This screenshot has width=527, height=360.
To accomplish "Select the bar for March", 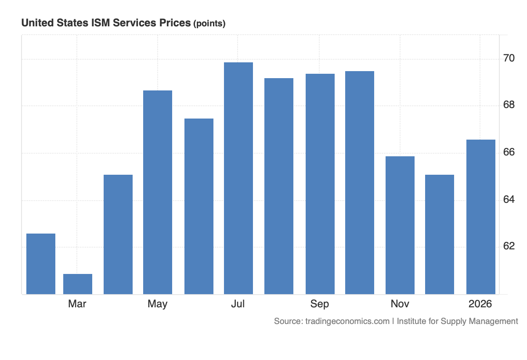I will pos(78,284).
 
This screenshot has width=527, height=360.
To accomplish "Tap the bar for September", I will pos(320,184).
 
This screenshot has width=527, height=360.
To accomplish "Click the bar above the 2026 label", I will pos(481,217).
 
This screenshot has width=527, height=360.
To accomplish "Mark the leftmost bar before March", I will pos(41,264).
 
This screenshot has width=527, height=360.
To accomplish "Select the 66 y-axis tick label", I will pos(509,152).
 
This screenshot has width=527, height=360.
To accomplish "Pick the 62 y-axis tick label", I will pos(509,246).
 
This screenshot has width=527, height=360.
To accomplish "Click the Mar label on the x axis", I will pos(77,304).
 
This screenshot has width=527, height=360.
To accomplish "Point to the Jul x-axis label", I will pos(238,304).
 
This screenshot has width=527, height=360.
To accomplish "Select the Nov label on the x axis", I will pos(400,304).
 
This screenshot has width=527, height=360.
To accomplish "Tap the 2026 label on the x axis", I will pos(480,304).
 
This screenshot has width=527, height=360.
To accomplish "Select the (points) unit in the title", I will pos(209,24).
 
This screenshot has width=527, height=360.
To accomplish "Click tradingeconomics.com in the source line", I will pos(346,321).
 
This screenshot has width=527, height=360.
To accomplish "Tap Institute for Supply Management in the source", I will pos(457,321).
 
